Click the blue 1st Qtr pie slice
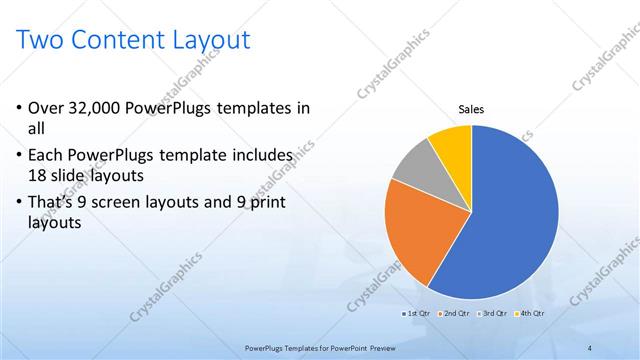505,220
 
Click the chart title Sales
471,109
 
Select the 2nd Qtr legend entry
458,314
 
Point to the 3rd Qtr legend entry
496,314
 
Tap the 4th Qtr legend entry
532,314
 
